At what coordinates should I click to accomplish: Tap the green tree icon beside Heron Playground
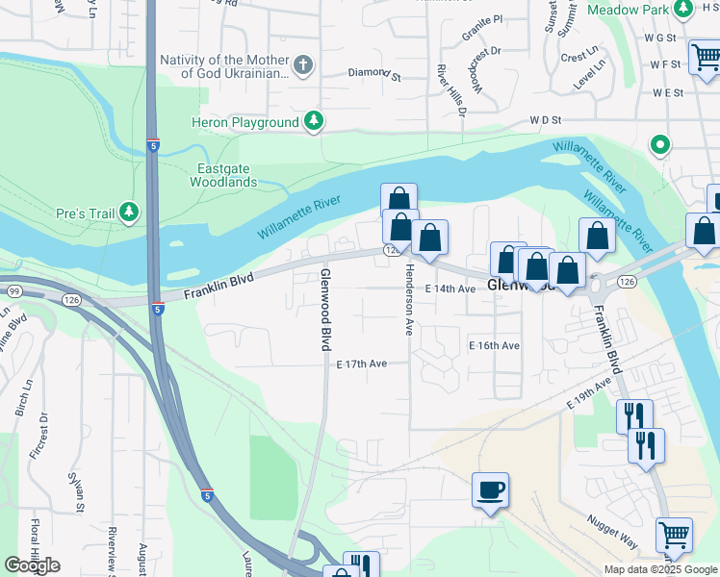[x=313, y=121]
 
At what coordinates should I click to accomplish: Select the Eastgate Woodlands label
[x=223, y=174]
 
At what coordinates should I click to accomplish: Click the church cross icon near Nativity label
[x=303, y=65]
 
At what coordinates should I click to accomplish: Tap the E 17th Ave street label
[x=362, y=364]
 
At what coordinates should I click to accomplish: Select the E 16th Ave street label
[x=494, y=345]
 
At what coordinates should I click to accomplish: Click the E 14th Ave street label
[x=450, y=288]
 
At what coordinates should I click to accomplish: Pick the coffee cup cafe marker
[x=490, y=490]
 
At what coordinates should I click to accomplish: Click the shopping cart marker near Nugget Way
[x=674, y=536]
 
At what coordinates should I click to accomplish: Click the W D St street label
[x=545, y=121]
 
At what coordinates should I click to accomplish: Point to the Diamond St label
[x=373, y=72]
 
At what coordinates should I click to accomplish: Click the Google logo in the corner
[x=32, y=565]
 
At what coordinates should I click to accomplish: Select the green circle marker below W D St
[x=660, y=146]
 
